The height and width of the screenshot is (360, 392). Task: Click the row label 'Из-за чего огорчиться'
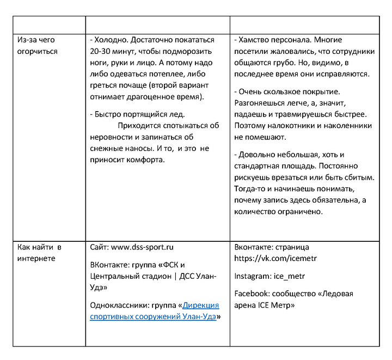[x=36, y=45]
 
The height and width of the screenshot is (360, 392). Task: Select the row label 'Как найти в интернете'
[x=39, y=252]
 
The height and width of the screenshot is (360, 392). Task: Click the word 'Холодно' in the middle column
[x=112, y=40]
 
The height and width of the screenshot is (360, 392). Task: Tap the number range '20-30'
[x=101, y=51]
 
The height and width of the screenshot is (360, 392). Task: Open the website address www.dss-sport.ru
[x=142, y=247]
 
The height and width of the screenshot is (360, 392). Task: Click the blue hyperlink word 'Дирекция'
[x=201, y=305]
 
